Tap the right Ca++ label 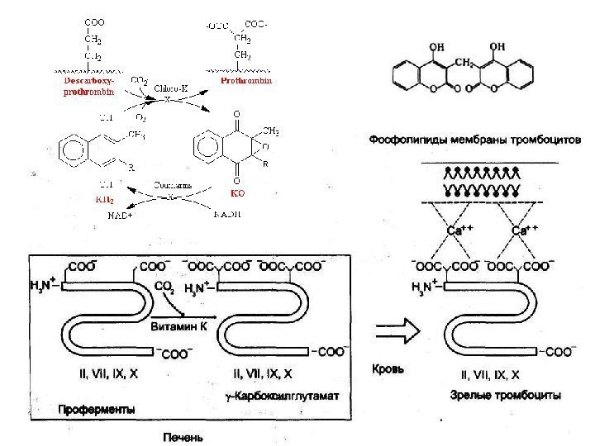click(526, 231)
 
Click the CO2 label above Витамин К click(164, 287)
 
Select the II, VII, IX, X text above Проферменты click(108, 374)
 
